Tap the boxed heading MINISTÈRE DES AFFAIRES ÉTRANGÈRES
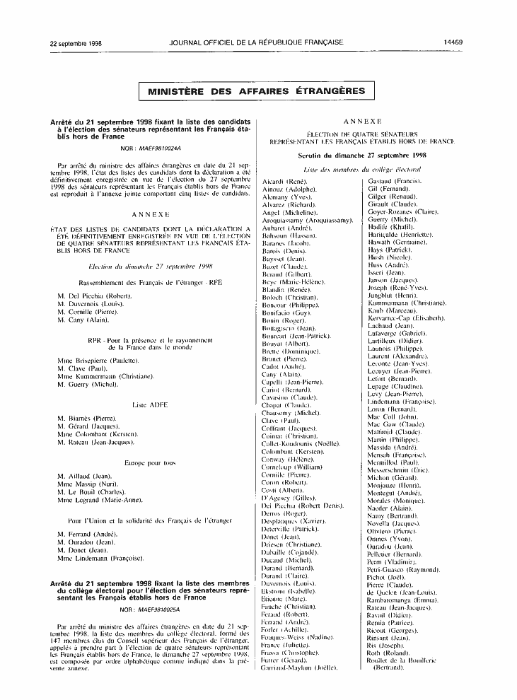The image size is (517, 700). coord(257,91)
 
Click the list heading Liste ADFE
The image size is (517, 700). coord(149,404)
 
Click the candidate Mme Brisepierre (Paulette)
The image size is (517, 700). coord(98,361)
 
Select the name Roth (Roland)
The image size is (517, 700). coord(388,653)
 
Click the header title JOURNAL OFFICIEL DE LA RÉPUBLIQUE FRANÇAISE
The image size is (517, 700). coord(257,43)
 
